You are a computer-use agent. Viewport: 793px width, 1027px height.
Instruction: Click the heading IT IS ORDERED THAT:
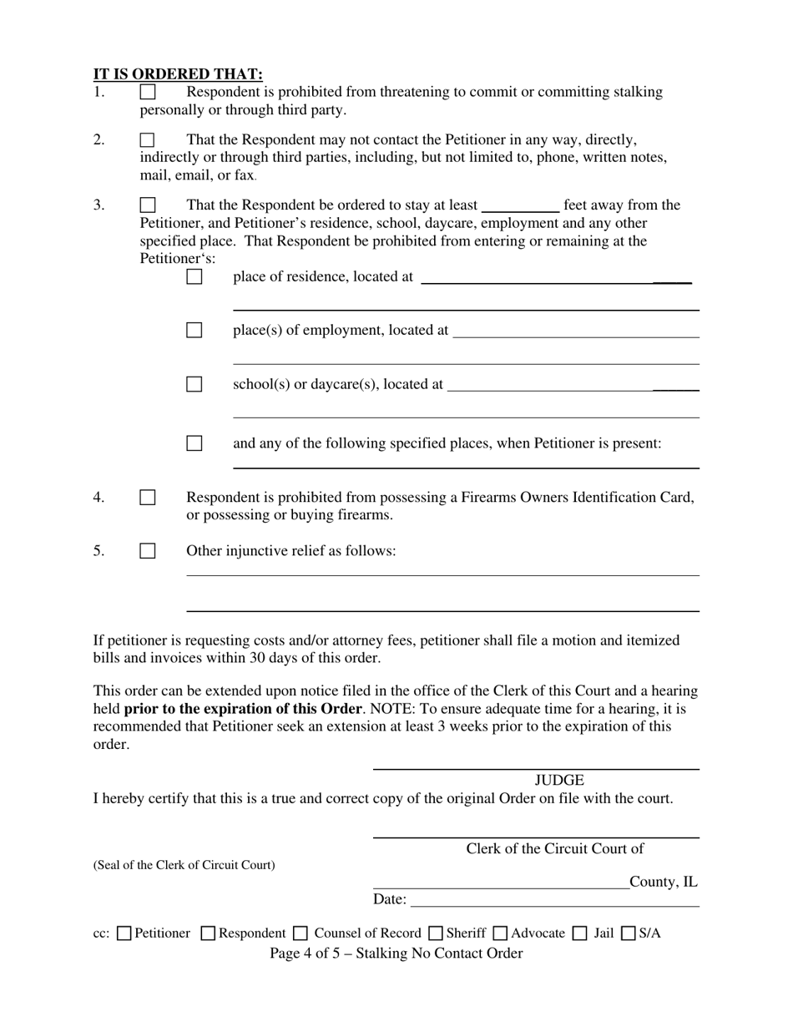point(178,73)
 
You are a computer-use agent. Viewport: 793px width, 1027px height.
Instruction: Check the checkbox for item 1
point(148,92)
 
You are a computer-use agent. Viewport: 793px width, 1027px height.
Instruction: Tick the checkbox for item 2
point(148,139)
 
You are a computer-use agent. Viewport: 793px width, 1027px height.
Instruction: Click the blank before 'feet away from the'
point(520,206)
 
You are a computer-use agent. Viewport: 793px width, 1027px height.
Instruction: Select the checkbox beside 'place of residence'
point(194,276)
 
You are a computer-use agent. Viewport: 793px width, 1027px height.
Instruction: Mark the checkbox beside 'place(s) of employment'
point(194,330)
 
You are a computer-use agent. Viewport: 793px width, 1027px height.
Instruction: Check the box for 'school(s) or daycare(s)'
point(194,384)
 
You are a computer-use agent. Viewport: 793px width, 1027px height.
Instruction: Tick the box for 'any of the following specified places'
point(194,443)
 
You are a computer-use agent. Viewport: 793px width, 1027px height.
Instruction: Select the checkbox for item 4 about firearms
point(148,498)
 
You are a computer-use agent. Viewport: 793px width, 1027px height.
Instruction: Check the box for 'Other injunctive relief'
point(148,551)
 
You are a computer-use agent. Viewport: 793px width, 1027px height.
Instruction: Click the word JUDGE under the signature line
point(559,781)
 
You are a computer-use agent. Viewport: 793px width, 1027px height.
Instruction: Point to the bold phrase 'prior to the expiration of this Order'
point(243,709)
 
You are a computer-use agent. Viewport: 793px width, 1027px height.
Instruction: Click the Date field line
point(555,899)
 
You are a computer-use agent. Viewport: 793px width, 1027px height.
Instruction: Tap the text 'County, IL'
point(664,882)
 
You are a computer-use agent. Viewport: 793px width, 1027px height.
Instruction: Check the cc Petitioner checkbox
point(124,933)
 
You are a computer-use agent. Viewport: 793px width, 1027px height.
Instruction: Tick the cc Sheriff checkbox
point(436,933)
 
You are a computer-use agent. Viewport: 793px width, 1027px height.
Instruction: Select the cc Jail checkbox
point(579,933)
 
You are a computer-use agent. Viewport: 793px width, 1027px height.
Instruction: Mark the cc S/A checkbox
point(629,933)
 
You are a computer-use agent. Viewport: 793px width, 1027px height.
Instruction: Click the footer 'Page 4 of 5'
point(396,954)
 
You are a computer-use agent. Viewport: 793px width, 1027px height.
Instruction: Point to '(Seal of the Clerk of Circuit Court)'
point(184,865)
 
